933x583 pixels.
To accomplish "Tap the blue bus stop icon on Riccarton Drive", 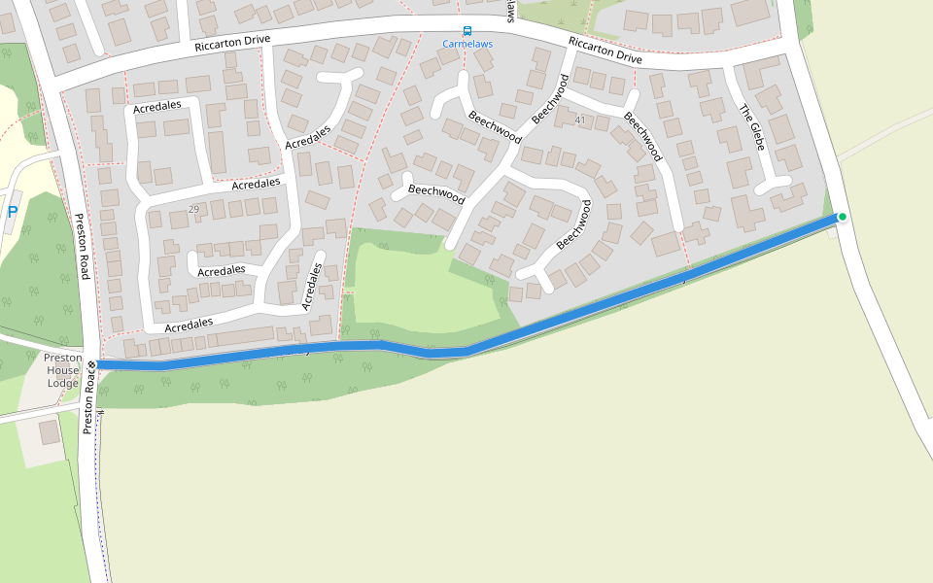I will coord(466,31).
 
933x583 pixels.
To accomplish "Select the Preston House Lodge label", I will coord(63,370).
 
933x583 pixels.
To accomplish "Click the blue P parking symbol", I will coord(13,211).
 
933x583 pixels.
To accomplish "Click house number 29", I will coord(193,210).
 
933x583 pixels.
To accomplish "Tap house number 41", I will coord(580,120).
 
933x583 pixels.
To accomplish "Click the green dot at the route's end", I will coord(842,217).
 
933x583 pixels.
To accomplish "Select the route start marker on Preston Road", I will coord(92,364).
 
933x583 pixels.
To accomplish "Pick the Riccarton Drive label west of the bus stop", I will coord(231,45).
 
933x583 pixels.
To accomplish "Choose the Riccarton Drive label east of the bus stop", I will coord(605,51).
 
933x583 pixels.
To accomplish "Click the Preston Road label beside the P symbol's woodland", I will coord(82,247).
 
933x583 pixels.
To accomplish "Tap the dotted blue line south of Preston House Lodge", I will coord(101,505).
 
